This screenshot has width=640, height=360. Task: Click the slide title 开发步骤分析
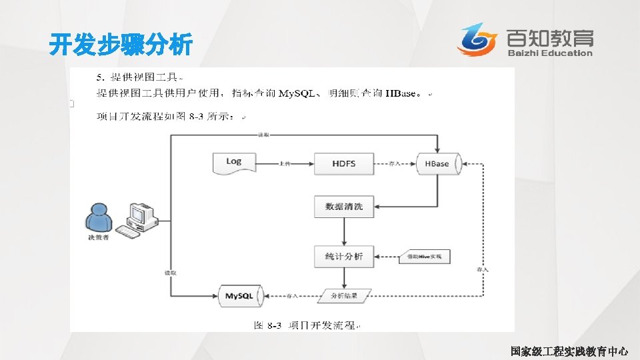(x=121, y=46)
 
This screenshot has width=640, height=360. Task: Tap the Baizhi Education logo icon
(x=477, y=39)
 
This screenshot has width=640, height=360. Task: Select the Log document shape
(x=234, y=163)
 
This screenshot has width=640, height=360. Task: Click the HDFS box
(x=343, y=163)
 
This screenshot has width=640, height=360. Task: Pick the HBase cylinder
(x=437, y=163)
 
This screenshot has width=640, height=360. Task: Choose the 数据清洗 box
(x=343, y=207)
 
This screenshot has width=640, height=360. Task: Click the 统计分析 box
(x=343, y=256)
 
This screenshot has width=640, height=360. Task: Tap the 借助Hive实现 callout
(x=425, y=256)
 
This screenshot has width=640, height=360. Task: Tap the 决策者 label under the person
(x=97, y=237)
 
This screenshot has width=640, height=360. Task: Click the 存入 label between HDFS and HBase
(x=394, y=163)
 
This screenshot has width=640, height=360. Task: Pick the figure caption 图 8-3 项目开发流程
(x=307, y=325)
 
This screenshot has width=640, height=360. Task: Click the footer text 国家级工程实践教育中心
(x=569, y=350)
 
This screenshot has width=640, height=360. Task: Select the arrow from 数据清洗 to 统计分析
(x=343, y=231)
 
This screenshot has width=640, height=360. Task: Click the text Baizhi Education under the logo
(x=549, y=53)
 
